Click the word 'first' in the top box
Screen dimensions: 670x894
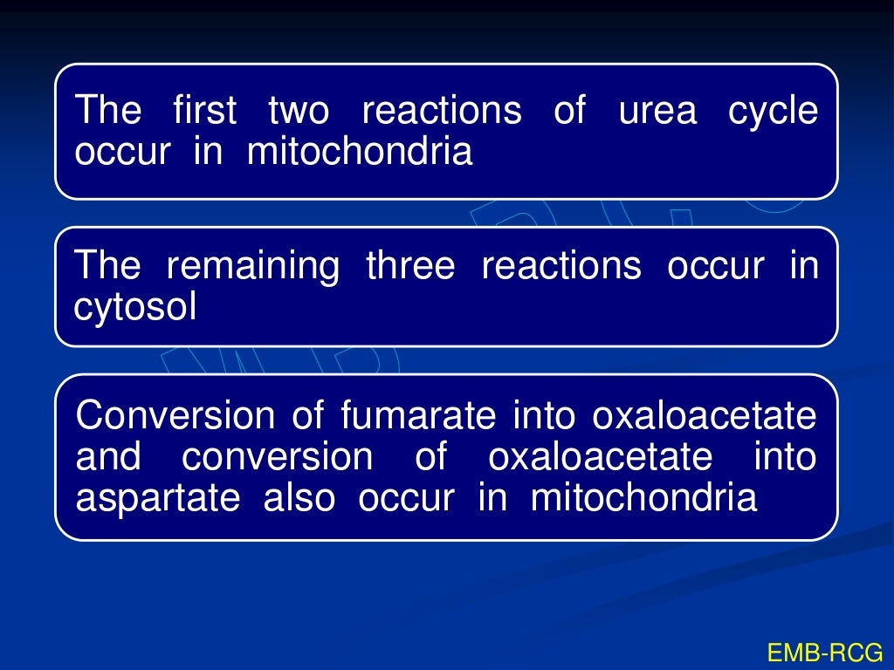point(204,112)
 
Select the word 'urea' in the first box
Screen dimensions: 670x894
point(657,112)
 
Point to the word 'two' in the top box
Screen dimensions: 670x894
point(299,112)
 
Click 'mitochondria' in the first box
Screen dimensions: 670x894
point(360,152)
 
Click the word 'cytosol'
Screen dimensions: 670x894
point(136,308)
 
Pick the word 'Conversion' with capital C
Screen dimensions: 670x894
point(174,416)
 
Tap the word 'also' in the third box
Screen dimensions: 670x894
point(299,498)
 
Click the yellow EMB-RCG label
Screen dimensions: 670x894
point(824,652)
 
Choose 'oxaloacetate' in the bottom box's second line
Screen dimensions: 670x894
point(600,457)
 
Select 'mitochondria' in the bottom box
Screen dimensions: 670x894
point(643,498)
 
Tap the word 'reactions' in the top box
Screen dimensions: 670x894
point(442,112)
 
